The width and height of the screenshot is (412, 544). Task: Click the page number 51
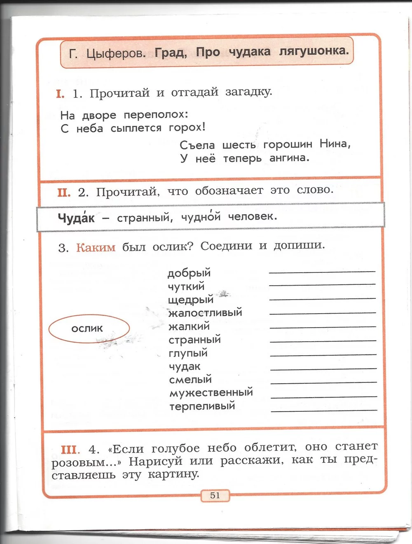(x=215, y=495)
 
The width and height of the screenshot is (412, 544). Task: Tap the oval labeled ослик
(x=89, y=328)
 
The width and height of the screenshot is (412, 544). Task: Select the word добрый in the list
(x=189, y=273)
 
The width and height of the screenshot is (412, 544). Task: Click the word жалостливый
(x=205, y=313)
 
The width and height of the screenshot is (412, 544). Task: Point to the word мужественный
(x=211, y=393)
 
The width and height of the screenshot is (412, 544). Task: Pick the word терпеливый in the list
(x=202, y=406)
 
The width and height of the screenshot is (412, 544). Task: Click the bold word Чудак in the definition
(x=76, y=218)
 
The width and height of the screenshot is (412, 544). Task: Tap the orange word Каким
(x=96, y=248)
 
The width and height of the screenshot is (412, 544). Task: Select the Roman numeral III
(x=70, y=450)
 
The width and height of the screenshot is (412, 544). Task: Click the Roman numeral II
(x=64, y=192)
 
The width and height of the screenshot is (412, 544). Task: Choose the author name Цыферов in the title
(x=116, y=54)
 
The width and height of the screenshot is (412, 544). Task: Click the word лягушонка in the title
(x=314, y=51)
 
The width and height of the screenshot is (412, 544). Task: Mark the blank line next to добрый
(x=322, y=272)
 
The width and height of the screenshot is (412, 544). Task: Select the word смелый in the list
(x=190, y=380)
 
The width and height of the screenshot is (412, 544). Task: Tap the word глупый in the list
(x=188, y=353)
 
